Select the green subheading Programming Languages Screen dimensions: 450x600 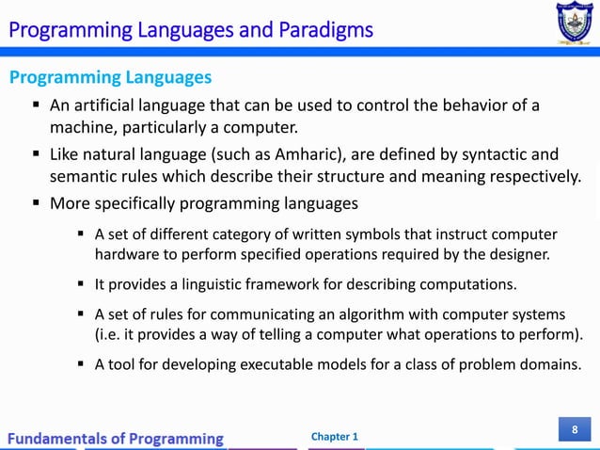[110, 77]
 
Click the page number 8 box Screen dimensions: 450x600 [574, 430]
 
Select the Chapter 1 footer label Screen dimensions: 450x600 [334, 438]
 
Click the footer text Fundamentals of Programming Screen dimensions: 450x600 [118, 438]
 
